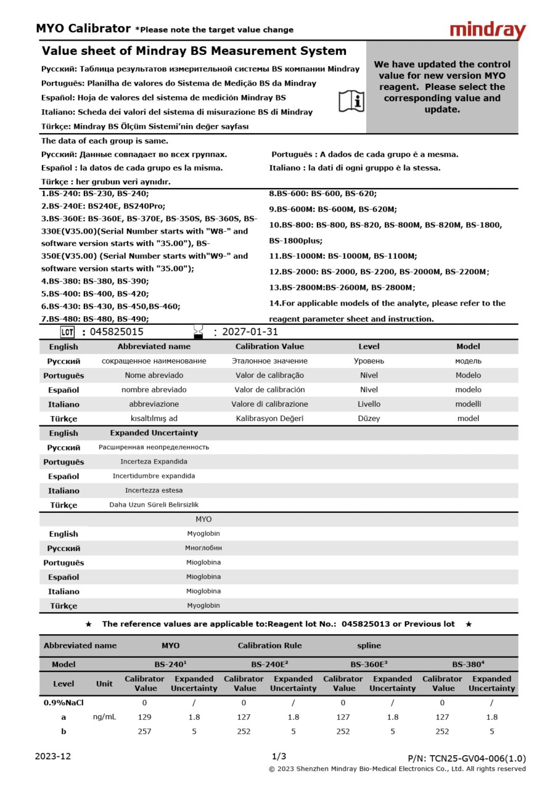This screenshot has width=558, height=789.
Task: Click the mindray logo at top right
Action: [487, 30]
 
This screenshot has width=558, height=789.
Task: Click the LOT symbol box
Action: [67, 332]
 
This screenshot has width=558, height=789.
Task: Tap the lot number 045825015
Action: [117, 332]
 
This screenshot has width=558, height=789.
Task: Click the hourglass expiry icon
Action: [198, 332]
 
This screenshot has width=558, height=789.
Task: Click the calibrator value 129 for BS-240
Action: [145, 717]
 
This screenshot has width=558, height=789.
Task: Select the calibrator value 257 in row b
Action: [145, 732]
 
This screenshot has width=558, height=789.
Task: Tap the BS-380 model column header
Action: [468, 664]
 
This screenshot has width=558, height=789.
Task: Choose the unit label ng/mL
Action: [104, 717]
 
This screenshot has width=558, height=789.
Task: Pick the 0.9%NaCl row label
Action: [64, 703]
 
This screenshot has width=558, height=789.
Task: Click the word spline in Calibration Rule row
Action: [369, 646]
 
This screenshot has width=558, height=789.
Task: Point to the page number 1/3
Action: [279, 756]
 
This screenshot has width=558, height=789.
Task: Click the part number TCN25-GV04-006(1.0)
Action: [467, 759]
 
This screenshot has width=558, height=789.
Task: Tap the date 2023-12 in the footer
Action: [53, 756]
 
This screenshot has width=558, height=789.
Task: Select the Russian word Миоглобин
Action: [203, 548]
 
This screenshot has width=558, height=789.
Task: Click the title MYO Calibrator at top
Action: [83, 28]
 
